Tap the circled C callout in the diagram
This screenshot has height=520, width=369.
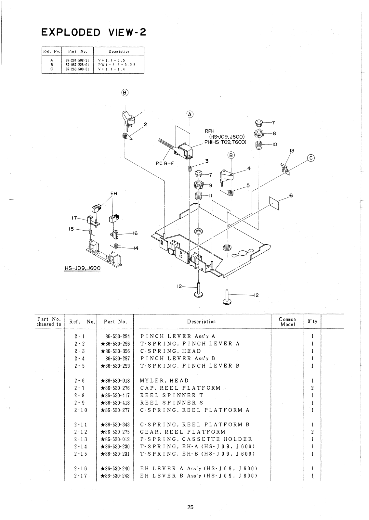[311, 158]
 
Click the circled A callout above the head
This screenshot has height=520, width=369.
[190, 114]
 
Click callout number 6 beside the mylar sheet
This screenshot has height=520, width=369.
[291, 196]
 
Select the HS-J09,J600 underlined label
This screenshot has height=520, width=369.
[82, 268]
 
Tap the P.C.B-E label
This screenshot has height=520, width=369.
[165, 163]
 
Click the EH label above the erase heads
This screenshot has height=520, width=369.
[113, 194]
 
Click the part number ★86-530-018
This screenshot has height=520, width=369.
[115, 381]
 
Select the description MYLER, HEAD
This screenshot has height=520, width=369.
[164, 381]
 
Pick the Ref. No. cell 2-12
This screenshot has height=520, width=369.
[81, 432]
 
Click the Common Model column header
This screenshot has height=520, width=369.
[287, 322]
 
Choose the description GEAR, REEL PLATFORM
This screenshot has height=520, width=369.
[182, 432]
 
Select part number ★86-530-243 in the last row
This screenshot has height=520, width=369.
[115, 476]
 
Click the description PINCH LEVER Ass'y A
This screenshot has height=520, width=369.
[178, 336]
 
